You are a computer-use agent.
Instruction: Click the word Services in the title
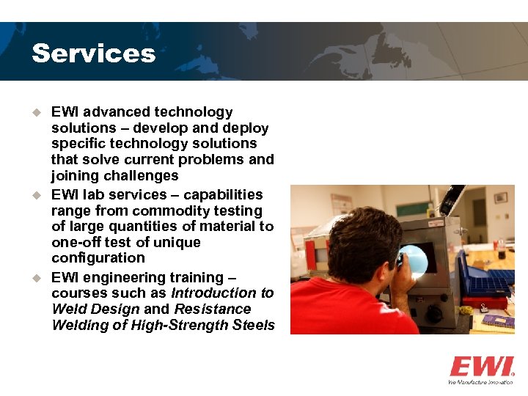pyautogui.click(x=93, y=54)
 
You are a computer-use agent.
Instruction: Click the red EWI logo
pyautogui.click(x=481, y=367)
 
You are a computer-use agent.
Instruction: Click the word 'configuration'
pyautogui.click(x=98, y=258)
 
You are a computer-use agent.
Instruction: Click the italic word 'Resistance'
pyautogui.click(x=213, y=309)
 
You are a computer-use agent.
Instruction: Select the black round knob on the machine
pyautogui.click(x=434, y=314)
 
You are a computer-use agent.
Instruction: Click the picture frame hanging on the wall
pyautogui.click(x=500, y=197)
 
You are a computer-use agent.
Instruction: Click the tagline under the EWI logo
pyautogui.click(x=481, y=382)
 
